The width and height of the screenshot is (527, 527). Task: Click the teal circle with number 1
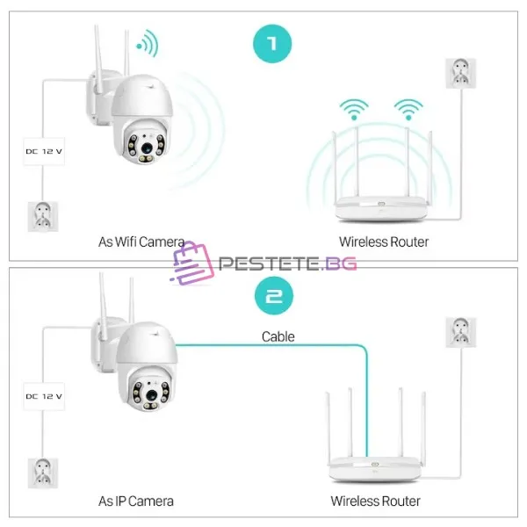[272, 44]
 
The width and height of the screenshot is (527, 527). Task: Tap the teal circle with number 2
[274, 296]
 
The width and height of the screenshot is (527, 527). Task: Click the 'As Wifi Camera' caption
[141, 242]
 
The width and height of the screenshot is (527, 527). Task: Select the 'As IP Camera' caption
[136, 502]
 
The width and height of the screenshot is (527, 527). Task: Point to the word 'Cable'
[278, 336]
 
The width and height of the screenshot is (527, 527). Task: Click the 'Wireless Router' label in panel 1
[384, 242]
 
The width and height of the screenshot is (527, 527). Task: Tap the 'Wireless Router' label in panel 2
[375, 502]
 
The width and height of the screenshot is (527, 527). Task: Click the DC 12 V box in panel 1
[44, 151]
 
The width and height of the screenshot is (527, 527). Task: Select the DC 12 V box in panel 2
[44, 396]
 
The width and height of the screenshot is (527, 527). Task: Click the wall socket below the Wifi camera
[43, 216]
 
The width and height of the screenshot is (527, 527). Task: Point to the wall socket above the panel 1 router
[461, 73]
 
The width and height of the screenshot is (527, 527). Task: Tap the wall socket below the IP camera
[43, 473]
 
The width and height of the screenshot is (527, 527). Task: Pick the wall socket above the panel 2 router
[461, 332]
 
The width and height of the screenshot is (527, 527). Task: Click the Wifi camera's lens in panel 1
[147, 148]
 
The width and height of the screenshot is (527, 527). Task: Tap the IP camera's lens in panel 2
[152, 395]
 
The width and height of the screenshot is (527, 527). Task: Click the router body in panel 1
[381, 208]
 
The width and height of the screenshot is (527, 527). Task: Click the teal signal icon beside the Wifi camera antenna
[148, 44]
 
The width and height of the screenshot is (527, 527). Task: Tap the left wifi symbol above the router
[354, 109]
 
